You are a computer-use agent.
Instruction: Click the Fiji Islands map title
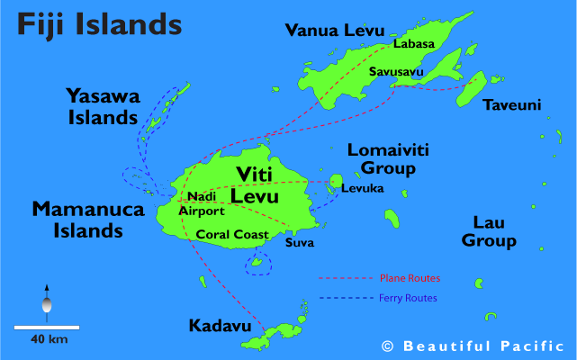click(95, 23)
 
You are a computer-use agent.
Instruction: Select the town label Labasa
click(413, 44)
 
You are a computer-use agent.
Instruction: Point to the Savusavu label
click(398, 71)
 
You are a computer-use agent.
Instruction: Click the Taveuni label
click(512, 105)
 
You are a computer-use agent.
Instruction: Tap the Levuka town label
click(362, 188)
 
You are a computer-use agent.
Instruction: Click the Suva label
click(299, 242)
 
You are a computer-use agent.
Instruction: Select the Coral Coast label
click(232, 235)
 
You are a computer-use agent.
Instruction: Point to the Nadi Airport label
click(202, 203)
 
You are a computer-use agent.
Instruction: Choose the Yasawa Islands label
click(102, 105)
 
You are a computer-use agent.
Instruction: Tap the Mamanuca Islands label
click(77, 220)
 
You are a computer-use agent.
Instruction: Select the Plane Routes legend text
click(409, 279)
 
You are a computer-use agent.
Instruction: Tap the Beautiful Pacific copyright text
click(473, 346)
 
